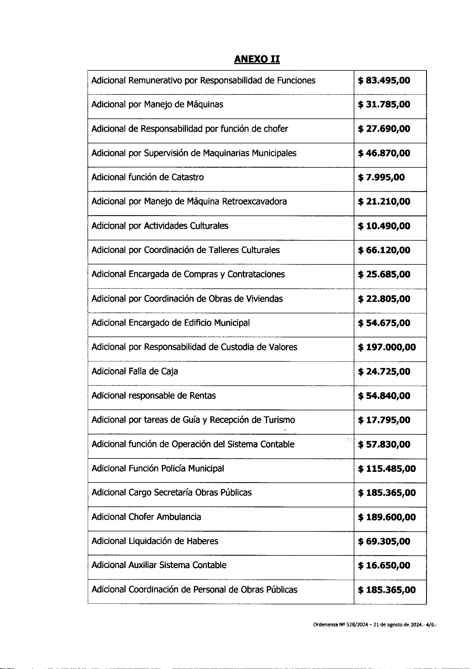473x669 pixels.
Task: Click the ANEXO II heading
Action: (x=257, y=59)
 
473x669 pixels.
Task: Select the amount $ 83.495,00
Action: (x=383, y=80)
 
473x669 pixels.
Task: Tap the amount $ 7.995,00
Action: (x=381, y=177)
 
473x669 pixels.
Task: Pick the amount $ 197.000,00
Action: (x=387, y=347)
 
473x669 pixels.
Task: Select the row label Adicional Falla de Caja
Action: (x=135, y=371)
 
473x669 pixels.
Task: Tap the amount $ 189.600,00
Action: (x=387, y=517)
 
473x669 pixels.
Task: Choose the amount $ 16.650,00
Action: (x=383, y=566)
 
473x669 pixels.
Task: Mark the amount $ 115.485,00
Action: (x=387, y=469)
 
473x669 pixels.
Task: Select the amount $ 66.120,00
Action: (x=383, y=250)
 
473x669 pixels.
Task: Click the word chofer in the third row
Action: (x=275, y=129)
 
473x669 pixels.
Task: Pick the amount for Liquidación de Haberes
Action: (x=383, y=542)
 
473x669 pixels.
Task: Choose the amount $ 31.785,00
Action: (x=383, y=105)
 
